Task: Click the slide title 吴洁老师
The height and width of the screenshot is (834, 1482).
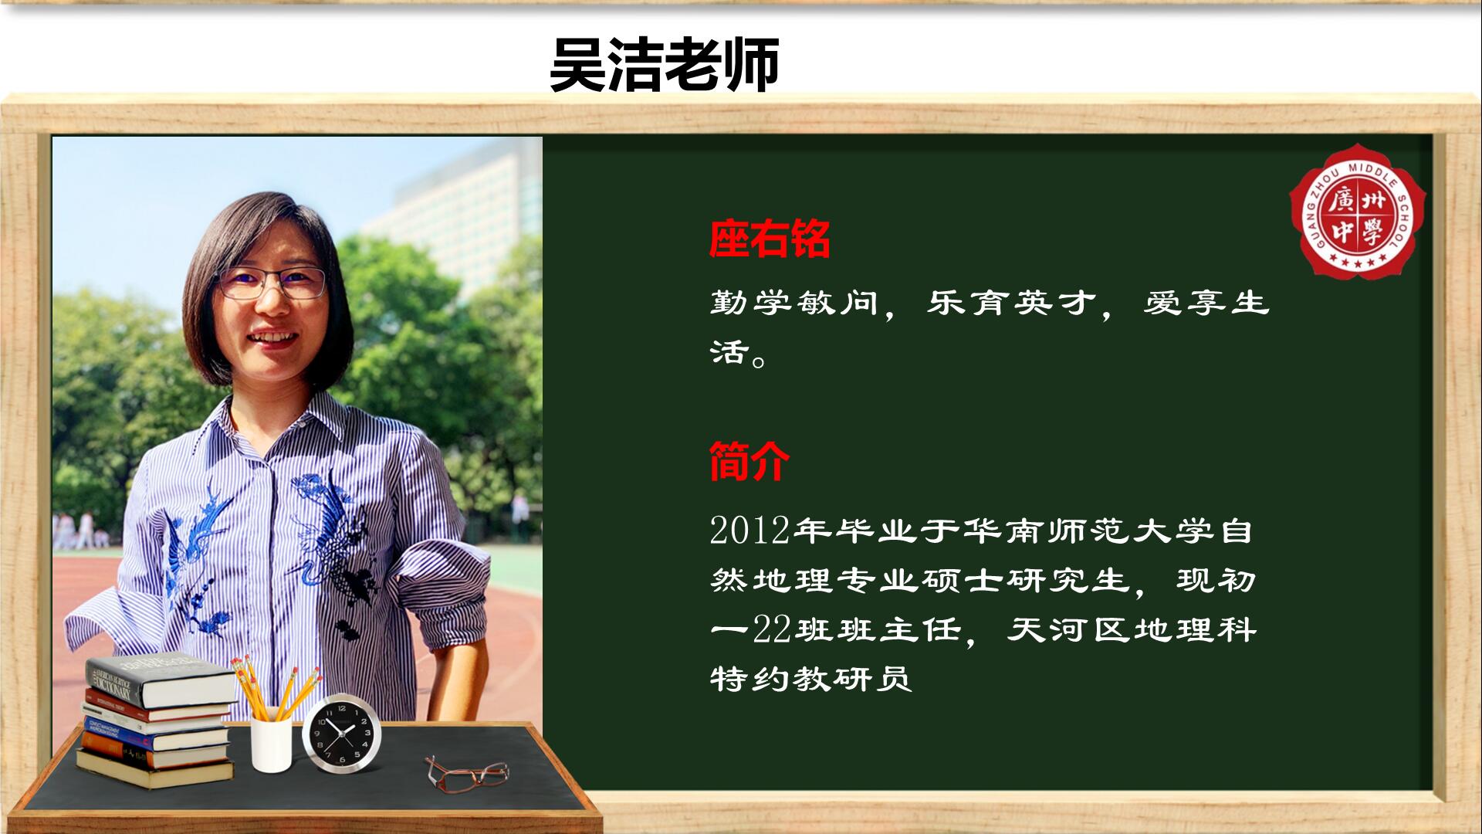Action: [x=664, y=65]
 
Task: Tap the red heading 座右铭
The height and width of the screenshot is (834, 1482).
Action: [x=770, y=239]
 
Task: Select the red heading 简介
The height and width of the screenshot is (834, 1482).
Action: [x=749, y=461]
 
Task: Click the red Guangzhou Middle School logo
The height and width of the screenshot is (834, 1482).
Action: [x=1358, y=210]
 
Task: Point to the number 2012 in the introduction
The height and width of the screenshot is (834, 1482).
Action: [x=749, y=531]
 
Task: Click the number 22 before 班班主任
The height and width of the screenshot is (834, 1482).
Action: [x=773, y=630]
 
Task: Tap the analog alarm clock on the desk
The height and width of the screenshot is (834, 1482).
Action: [x=341, y=734]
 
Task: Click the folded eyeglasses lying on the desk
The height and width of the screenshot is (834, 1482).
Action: [x=466, y=773]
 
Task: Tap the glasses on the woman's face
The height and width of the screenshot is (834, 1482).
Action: [x=272, y=283]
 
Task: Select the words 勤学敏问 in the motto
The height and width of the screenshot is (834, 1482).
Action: [x=794, y=302]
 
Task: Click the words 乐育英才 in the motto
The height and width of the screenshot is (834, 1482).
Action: [x=1011, y=302]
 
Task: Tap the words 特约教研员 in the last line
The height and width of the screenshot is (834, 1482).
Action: [x=810, y=679]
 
